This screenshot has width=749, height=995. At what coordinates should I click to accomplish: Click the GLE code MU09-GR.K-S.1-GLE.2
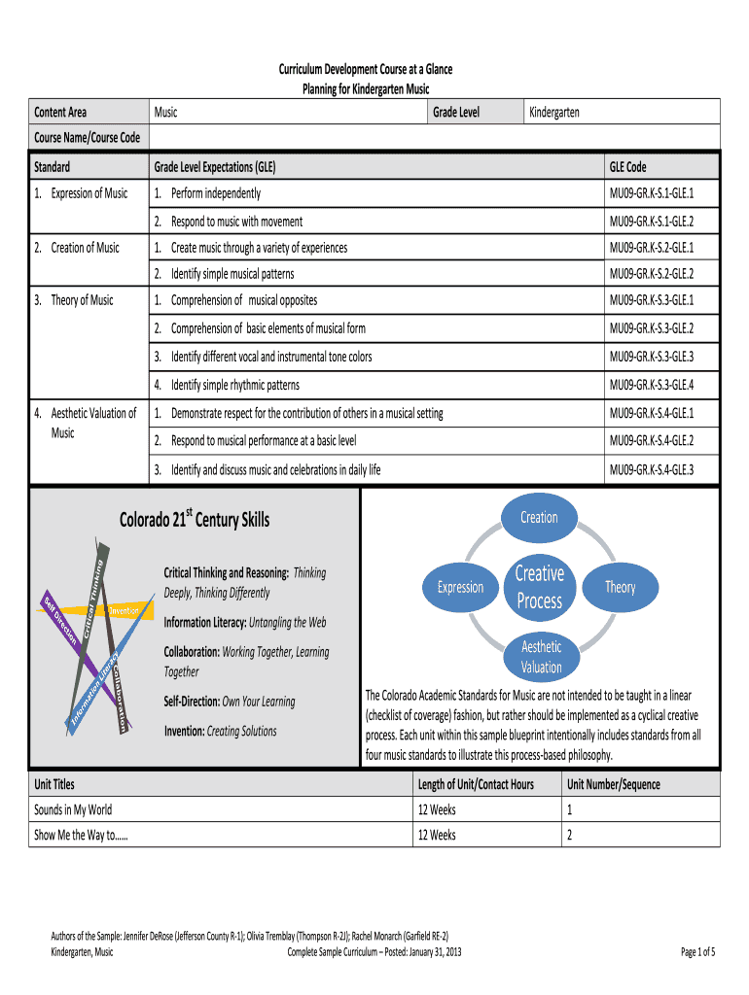[x=651, y=222]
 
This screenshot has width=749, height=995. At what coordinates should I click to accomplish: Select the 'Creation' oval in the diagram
[x=539, y=517]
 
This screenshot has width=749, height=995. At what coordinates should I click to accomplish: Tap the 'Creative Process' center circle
[x=540, y=587]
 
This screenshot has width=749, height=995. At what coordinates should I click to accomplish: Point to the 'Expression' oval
[x=460, y=587]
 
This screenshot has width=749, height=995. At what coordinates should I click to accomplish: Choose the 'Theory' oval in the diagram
[x=620, y=587]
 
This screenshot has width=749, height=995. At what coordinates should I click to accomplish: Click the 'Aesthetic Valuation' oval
[x=541, y=657]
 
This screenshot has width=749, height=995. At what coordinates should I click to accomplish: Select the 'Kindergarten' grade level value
[x=554, y=113]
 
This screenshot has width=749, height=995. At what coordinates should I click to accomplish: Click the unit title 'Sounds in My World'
[x=73, y=809]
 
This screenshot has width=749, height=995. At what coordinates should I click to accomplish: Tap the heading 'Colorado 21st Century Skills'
[x=195, y=519]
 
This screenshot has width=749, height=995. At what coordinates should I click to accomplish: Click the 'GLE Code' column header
[x=627, y=167]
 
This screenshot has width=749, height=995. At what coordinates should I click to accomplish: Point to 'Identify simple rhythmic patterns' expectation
[x=235, y=385]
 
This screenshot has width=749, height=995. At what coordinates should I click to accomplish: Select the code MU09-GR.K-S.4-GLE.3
[x=651, y=470]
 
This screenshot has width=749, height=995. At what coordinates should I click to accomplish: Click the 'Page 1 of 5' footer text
[x=698, y=951]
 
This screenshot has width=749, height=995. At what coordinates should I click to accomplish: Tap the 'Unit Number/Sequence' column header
[x=613, y=784]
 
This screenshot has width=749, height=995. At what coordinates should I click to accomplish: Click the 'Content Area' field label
[x=60, y=113]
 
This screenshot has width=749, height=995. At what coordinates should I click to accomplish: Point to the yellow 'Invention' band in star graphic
[x=125, y=610]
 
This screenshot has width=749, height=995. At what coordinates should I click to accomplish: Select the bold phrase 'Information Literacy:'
[x=205, y=622]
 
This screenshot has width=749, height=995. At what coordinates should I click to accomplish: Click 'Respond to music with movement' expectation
[x=236, y=222]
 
